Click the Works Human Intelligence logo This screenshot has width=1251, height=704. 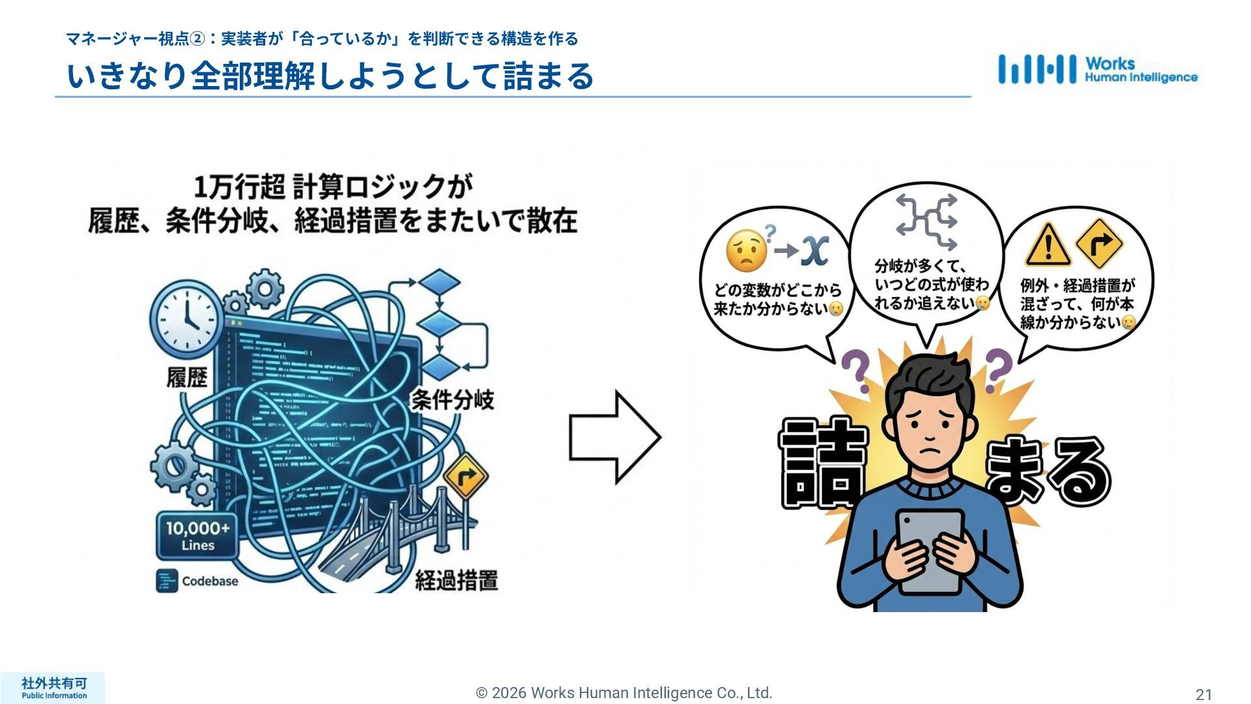coord(1097,70)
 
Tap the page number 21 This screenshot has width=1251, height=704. coord(1203,695)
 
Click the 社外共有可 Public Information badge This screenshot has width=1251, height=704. coord(53,688)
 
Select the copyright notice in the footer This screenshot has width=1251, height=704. coord(624,693)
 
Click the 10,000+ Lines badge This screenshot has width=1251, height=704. coord(197,536)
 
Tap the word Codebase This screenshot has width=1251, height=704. coord(210,581)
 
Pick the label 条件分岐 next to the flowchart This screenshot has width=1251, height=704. coord(452,400)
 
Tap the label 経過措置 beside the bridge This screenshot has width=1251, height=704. coord(456,579)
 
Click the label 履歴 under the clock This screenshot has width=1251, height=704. coord(187,377)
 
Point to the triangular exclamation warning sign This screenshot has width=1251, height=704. coord(1047,246)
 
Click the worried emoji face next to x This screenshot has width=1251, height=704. coord(747,251)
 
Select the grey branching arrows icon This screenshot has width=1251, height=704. coord(926,222)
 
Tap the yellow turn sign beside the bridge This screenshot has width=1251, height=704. coord(466,477)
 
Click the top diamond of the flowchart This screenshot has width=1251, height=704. coord(439,282)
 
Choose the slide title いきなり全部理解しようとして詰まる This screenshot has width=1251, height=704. coord(330,76)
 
